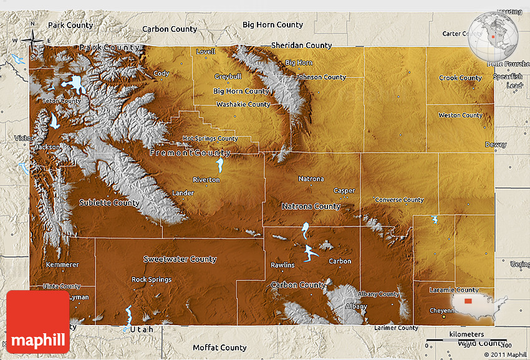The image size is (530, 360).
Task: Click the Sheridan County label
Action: [x=301, y=46]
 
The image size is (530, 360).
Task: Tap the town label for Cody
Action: [x=161, y=74]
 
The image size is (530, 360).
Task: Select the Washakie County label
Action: [x=243, y=105]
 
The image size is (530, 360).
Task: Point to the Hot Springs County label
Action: [x=210, y=139]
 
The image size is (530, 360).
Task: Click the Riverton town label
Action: [x=206, y=180]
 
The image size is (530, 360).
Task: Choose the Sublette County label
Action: [x=109, y=203]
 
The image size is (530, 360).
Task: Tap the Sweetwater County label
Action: [x=180, y=259]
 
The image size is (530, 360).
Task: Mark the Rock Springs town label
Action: [x=152, y=280]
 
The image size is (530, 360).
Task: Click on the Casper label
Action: [x=344, y=191]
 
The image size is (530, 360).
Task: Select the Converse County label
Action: [x=399, y=200]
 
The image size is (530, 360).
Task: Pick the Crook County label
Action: [x=460, y=78]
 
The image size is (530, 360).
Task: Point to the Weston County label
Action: [x=460, y=115]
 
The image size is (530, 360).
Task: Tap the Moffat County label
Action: [x=219, y=348]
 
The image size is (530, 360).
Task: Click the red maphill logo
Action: [x=38, y=322]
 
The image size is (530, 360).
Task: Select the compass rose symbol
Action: [x=32, y=41]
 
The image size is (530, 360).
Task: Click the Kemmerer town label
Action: [x=62, y=265]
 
